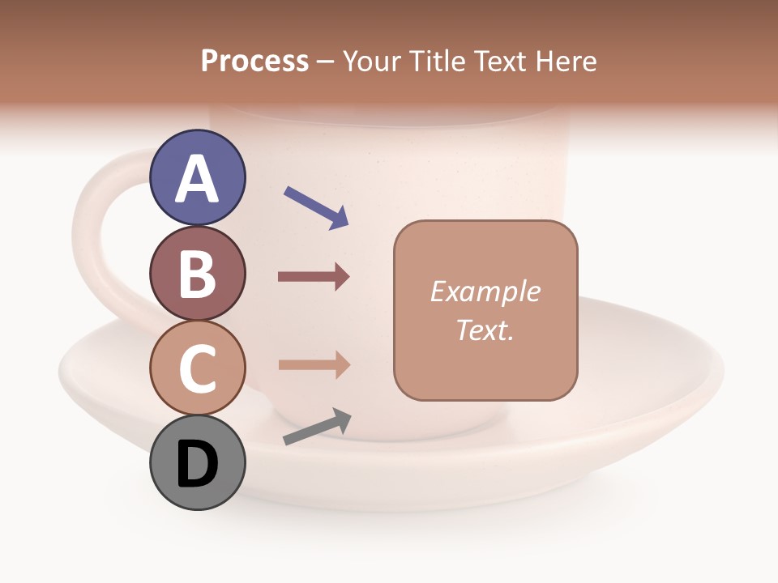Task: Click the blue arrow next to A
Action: point(316,207)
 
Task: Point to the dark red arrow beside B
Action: point(314,277)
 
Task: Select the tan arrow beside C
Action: point(314,365)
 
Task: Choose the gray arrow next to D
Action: point(317,427)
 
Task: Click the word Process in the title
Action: point(254,62)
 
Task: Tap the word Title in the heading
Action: point(437,62)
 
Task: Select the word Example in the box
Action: point(485,291)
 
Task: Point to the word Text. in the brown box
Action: point(485,330)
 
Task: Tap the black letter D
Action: point(198,464)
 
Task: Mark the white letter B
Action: point(198,274)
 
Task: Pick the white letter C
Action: point(198,368)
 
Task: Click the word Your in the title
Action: point(372,62)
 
